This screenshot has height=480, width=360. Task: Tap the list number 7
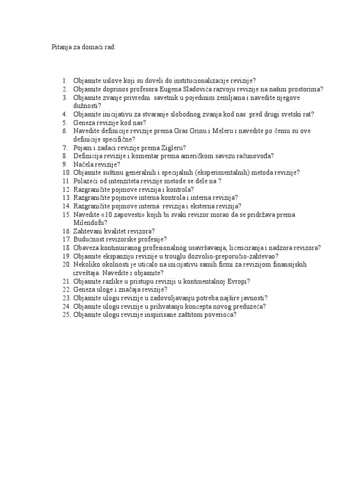click(x=66, y=147)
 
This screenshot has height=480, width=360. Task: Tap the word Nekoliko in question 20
click(x=88, y=264)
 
